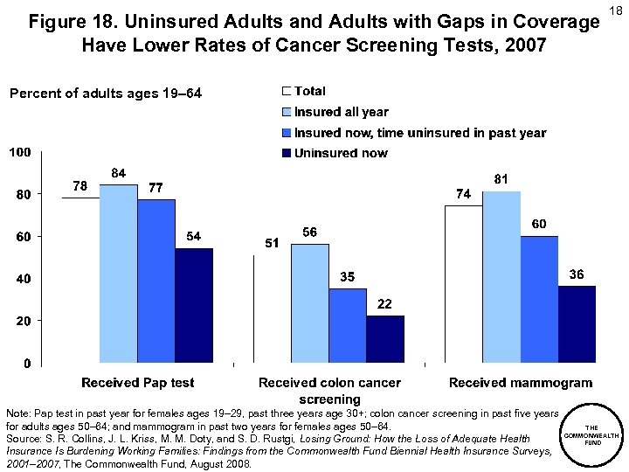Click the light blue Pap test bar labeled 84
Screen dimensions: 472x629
(x=118, y=274)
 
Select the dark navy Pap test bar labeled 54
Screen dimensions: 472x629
(x=194, y=305)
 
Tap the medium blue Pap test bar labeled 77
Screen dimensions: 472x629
(x=156, y=281)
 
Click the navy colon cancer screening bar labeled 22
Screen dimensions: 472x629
(x=385, y=338)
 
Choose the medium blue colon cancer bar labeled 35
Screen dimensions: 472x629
(x=347, y=325)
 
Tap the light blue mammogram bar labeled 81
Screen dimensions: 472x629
(x=501, y=276)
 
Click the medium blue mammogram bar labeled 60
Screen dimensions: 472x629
(x=539, y=299)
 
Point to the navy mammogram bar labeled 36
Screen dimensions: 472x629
(x=577, y=323)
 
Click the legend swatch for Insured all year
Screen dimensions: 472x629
(x=286, y=112)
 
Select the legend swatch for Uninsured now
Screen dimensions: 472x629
(x=286, y=154)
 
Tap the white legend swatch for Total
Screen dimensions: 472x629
(x=286, y=91)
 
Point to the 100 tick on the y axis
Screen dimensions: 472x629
(x=21, y=152)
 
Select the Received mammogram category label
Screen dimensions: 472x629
(x=520, y=383)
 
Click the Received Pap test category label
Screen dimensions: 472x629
(x=138, y=383)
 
